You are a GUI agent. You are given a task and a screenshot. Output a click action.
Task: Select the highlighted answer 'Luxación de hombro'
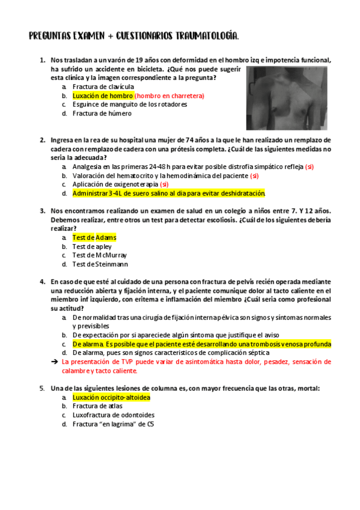(103, 96)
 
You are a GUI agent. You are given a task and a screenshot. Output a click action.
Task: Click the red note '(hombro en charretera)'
(169, 96)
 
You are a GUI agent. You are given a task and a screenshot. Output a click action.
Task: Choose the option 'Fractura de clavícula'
(103, 87)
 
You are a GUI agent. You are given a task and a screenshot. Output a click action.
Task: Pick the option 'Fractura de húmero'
(102, 113)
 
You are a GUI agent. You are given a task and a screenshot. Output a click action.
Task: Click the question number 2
(43, 141)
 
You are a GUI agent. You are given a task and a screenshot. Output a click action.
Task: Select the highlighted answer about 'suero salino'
(168, 194)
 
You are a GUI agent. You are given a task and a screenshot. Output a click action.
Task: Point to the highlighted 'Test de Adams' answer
(94, 238)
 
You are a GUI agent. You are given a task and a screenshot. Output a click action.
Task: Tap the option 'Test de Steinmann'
(100, 264)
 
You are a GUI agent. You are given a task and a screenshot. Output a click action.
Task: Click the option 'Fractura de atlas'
(97, 406)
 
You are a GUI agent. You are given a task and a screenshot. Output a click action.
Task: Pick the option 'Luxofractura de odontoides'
(113, 415)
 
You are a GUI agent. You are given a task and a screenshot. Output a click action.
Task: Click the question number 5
(43, 389)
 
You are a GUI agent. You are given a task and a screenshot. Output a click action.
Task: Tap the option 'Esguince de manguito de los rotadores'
(129, 104)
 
